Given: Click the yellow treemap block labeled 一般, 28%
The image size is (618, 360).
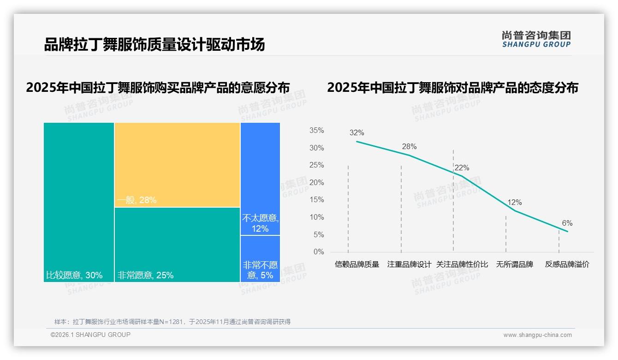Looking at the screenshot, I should [x=177, y=165].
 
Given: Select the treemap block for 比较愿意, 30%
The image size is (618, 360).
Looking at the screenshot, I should [x=79, y=202].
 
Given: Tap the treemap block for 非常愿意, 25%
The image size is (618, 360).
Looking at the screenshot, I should [x=177, y=245].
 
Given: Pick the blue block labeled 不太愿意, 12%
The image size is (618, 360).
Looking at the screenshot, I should [x=260, y=179].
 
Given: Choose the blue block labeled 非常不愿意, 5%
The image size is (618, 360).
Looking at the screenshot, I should [x=260, y=258].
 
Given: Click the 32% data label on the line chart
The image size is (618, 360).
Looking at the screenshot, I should [x=357, y=133].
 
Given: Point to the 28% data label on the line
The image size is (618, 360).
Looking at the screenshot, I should [x=409, y=147].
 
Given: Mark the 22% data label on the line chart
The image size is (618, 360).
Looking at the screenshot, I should [x=462, y=168].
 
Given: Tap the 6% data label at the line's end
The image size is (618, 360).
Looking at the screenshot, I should [x=567, y=223].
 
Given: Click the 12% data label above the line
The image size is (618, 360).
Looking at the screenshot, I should [x=514, y=203].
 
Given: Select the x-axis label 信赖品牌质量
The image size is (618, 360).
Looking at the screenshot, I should [x=357, y=264].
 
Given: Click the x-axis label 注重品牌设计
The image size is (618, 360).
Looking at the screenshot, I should [x=409, y=264].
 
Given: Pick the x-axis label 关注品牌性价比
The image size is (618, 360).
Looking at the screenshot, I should [x=462, y=264].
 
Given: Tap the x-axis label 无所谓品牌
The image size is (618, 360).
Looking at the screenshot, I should [x=514, y=264].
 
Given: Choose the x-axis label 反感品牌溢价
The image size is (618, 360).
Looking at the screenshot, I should [x=567, y=264].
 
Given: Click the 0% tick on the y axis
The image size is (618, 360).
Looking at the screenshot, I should [x=318, y=252].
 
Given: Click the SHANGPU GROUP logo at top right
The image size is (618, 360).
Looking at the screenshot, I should [x=536, y=39].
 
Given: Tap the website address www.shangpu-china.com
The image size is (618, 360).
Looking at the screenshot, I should [x=537, y=335].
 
